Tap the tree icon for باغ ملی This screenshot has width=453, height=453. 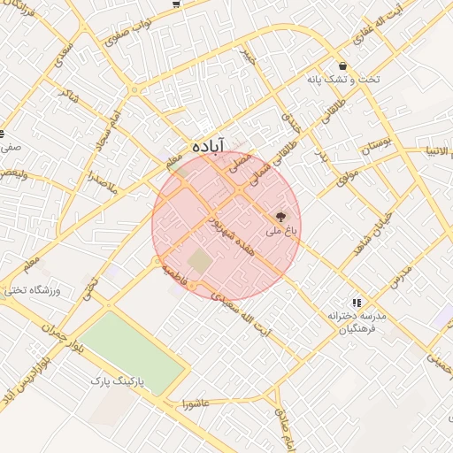[282, 215]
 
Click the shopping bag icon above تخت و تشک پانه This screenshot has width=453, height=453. [342, 65]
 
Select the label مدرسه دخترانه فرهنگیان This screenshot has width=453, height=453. [352, 322]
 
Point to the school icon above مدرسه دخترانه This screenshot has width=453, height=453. [357, 303]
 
